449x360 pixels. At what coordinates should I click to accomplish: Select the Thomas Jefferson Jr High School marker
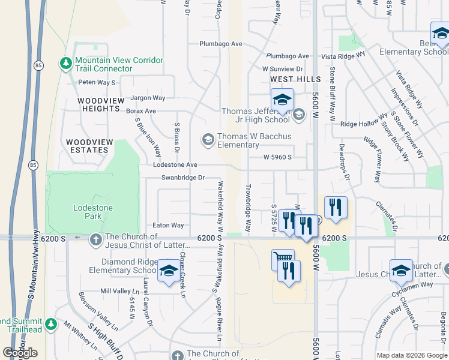pos(282,100)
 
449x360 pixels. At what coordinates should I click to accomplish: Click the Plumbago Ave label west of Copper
pos(221,44)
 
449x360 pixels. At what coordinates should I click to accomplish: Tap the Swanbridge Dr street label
pos(183,178)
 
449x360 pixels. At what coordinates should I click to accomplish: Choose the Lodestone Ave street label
pos(175,164)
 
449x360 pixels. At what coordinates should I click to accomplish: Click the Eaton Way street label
pos(168,226)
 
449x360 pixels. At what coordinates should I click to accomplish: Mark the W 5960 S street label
pos(277,157)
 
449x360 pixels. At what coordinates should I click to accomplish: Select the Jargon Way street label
pos(148,98)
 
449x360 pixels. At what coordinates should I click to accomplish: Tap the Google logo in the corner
pos(20,353)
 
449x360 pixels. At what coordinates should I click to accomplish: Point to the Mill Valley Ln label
pos(119,291)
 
